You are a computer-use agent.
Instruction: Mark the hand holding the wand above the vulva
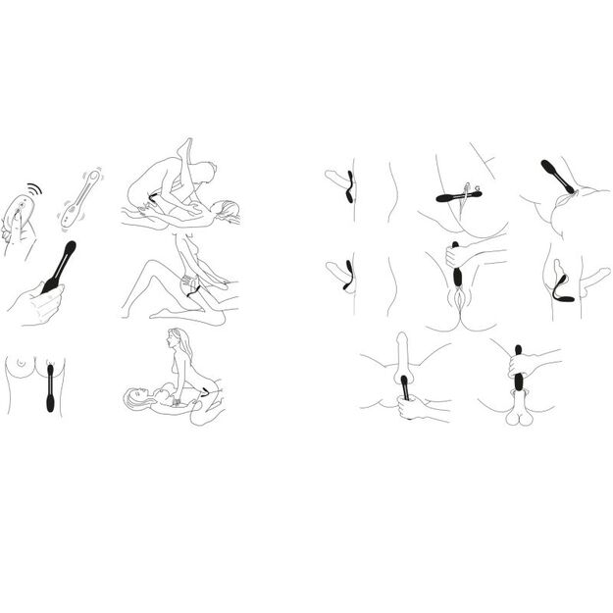[461, 259]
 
